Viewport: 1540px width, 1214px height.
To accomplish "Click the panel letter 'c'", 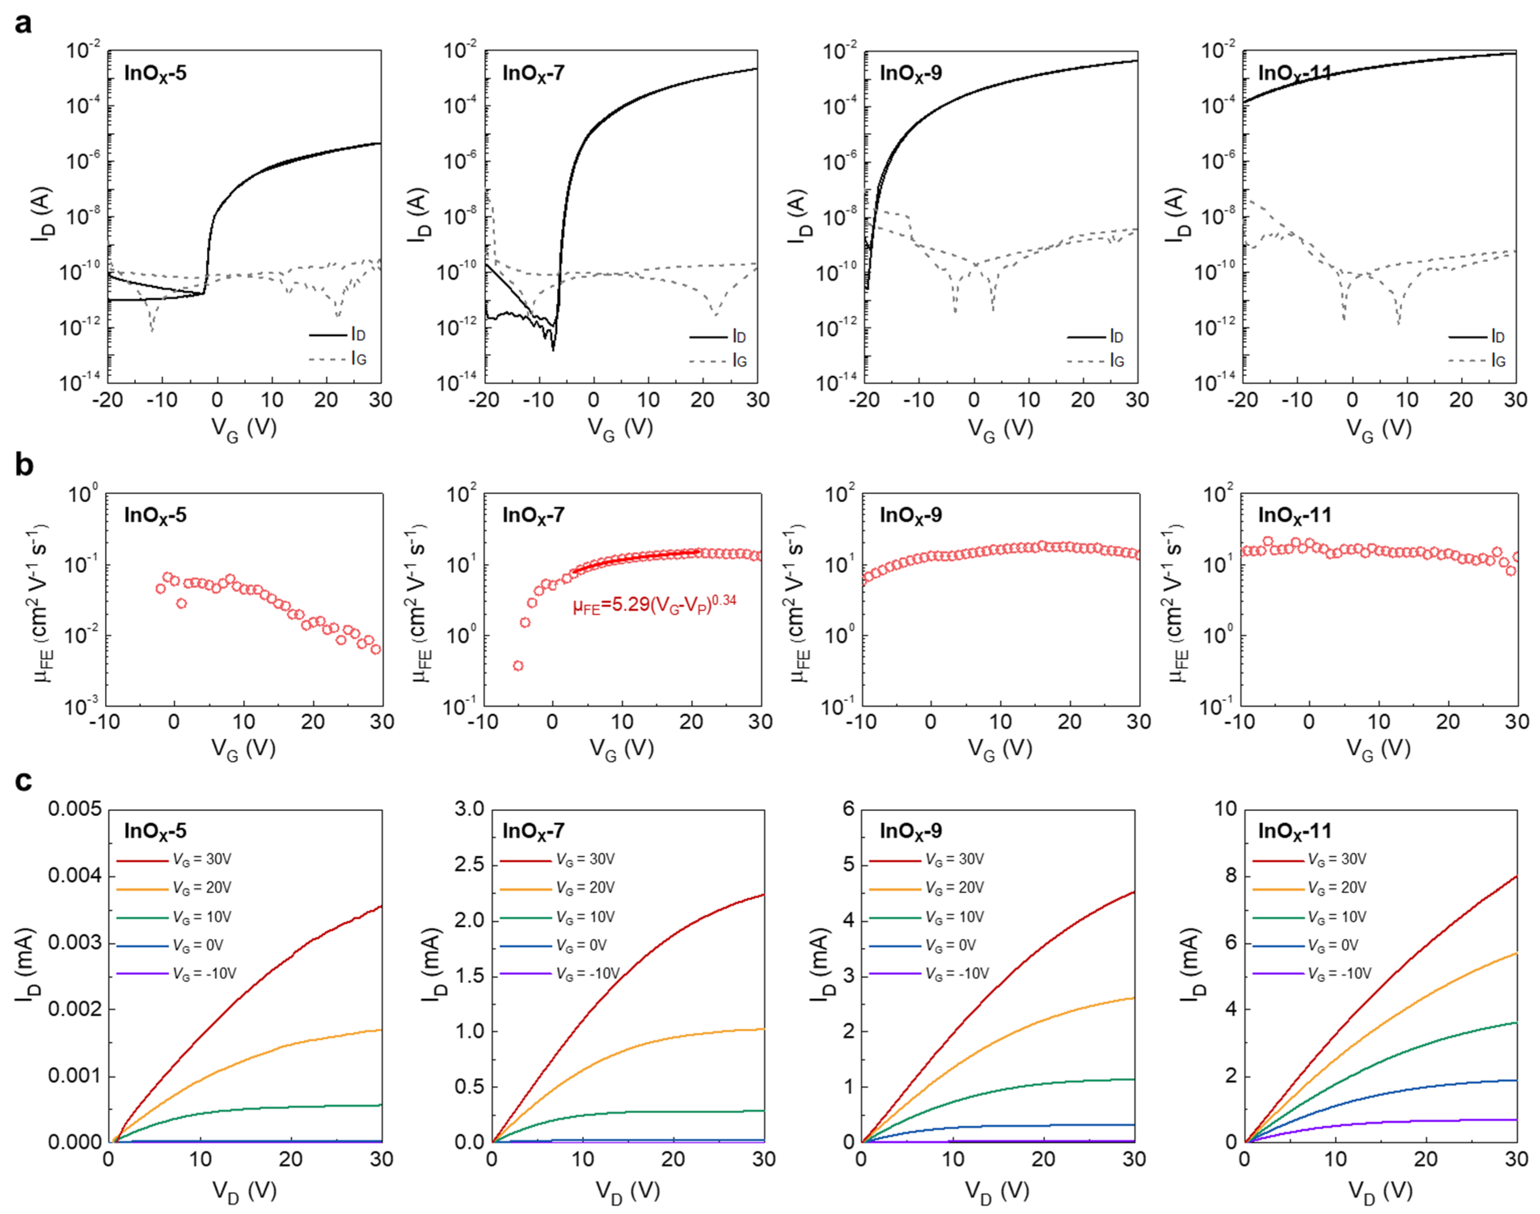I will tap(23, 780).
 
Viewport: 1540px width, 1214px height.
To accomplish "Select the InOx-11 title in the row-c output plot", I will tap(1294, 830).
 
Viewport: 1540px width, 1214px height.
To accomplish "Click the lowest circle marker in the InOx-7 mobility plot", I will tap(519, 666).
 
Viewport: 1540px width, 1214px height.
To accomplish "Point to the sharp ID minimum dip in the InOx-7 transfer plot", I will tap(553, 348).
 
